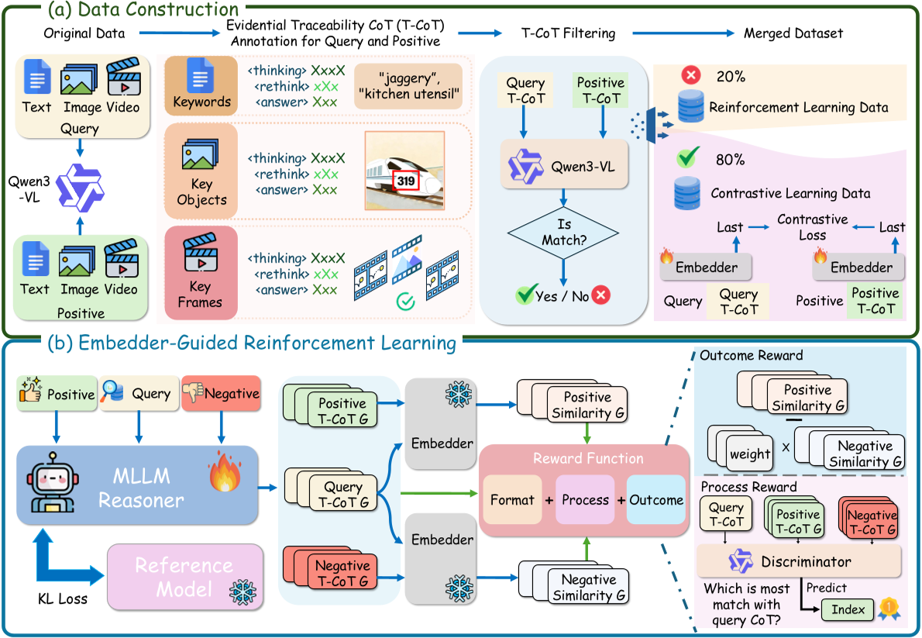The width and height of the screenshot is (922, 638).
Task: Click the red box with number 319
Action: pos(406,181)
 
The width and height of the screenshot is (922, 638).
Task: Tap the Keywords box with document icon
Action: pos(201,88)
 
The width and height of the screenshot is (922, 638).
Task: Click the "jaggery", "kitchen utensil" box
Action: pos(408,86)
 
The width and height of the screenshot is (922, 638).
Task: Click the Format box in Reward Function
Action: pos(512,500)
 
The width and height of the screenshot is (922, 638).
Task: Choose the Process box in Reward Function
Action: pos(585,500)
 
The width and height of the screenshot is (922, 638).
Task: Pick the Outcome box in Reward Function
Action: pos(655,500)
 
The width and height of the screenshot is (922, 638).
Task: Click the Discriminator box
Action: pos(798,561)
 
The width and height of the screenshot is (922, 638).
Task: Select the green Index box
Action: pos(848,609)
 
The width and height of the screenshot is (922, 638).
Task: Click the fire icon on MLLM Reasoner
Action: pos(225,475)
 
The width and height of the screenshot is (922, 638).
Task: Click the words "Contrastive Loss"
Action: pos(813,227)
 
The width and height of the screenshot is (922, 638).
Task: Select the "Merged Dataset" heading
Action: pos(793,33)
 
